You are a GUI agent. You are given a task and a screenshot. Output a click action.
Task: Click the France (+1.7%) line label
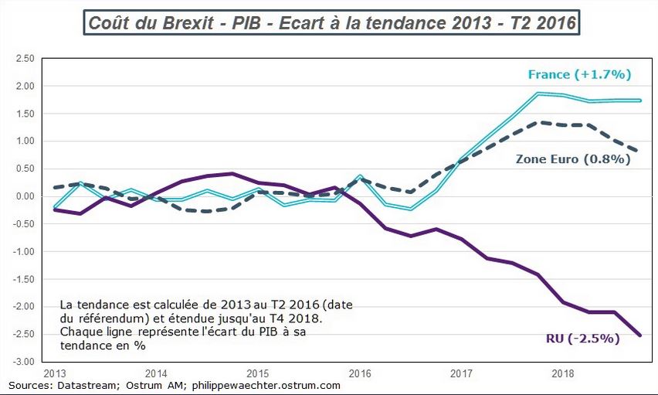click(580, 75)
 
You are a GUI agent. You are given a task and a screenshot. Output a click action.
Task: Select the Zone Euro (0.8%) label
click(573, 159)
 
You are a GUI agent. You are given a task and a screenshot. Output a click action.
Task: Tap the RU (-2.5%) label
click(583, 339)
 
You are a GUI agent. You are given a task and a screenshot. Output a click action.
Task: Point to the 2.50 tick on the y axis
click(24, 58)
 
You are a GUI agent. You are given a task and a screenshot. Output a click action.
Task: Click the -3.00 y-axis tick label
click(24, 362)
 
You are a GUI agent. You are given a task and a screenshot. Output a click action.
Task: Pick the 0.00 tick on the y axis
click(24, 196)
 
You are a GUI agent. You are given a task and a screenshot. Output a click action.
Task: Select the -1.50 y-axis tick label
click(24, 279)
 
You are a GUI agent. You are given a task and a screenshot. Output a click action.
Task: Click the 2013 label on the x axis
click(55, 373)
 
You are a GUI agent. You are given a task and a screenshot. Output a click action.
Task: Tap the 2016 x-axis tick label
click(360, 373)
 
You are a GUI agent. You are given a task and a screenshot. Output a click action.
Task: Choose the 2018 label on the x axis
click(563, 373)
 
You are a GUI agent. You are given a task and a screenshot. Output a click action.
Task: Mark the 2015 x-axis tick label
click(259, 373)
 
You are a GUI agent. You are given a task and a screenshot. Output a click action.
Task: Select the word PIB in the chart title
click(249, 23)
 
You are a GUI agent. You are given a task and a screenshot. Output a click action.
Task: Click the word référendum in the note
click(107, 318)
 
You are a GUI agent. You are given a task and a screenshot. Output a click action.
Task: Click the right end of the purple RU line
click(639, 335)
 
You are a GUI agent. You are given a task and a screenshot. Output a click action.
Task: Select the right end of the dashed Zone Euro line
click(637, 152)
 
